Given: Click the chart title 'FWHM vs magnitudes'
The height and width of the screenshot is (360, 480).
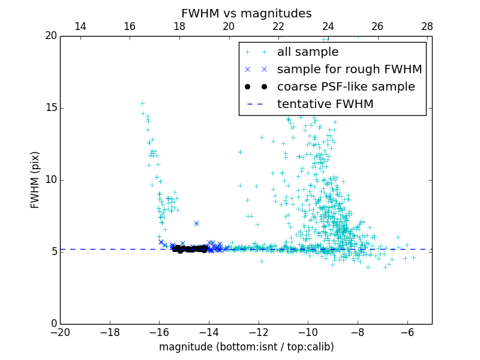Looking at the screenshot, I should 246,13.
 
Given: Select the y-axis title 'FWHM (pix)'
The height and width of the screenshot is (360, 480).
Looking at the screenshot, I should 35,180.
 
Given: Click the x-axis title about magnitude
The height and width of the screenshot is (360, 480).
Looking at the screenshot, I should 246,347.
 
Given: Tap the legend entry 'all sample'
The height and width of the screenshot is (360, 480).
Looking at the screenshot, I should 308,52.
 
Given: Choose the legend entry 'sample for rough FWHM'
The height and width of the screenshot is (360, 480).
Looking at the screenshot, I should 349,70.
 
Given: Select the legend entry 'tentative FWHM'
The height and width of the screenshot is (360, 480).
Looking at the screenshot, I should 325,104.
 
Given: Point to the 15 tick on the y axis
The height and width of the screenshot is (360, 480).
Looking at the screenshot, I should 52,108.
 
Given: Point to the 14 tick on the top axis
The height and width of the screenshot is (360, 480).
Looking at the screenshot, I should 80,26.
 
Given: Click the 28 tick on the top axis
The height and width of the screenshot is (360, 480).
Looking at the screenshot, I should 427,26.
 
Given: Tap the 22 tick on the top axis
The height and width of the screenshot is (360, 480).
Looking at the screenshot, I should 278,26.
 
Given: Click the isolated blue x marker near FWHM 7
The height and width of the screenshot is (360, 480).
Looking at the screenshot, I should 196,223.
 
